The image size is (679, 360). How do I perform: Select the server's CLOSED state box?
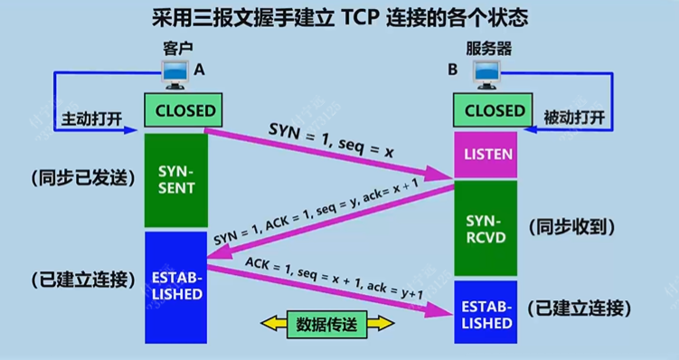click(495, 111)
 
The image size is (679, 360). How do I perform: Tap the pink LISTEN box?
click(487, 155)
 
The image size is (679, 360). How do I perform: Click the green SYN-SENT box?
click(175, 178)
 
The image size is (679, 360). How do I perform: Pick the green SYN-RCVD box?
click(487, 227)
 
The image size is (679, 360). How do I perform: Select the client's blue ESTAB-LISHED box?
click(175, 281)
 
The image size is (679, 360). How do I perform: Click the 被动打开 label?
click(573, 118)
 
